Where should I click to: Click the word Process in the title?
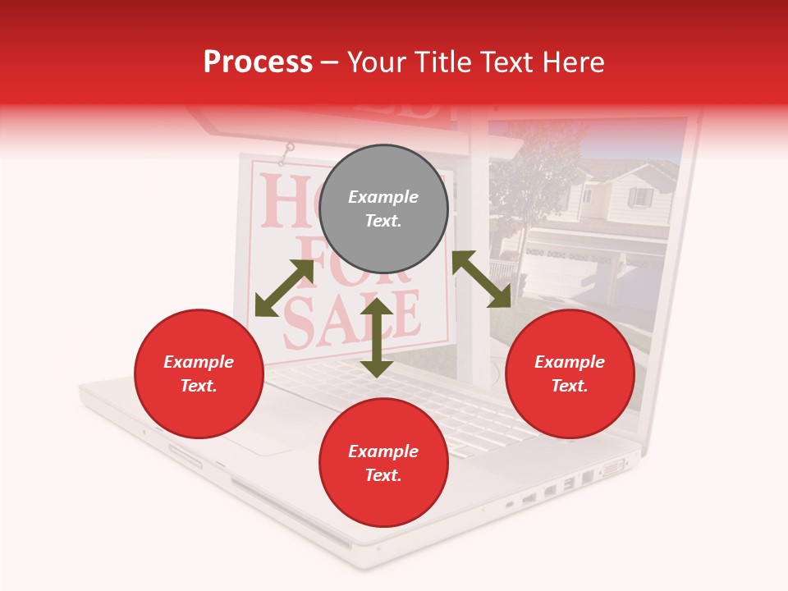(258, 62)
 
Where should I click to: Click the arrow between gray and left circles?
(284, 288)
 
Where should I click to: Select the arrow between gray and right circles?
(481, 279)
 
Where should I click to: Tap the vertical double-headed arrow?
(377, 337)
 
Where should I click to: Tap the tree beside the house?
(525, 189)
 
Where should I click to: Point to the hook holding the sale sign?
(287, 151)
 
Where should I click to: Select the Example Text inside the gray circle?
(383, 208)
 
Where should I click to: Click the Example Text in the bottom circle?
(383, 463)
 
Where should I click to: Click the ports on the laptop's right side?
(566, 486)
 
